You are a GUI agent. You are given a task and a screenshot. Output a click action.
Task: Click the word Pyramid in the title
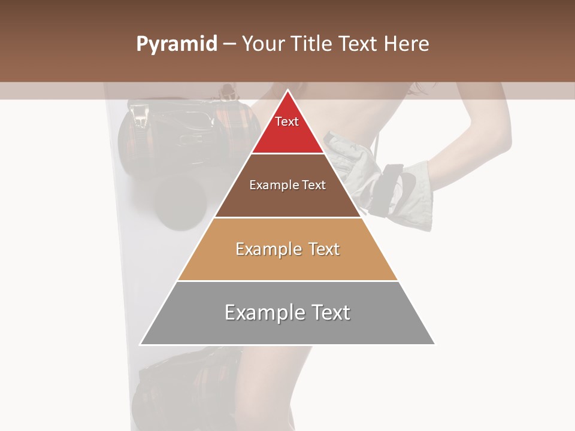coord(176,44)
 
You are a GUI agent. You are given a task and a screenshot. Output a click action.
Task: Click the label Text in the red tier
coord(287,122)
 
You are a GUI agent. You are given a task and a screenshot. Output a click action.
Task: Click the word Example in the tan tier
coord(268,249)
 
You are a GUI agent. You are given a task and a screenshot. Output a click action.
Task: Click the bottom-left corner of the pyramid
coord(141,344)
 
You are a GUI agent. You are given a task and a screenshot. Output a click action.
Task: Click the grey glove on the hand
coord(413,198)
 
